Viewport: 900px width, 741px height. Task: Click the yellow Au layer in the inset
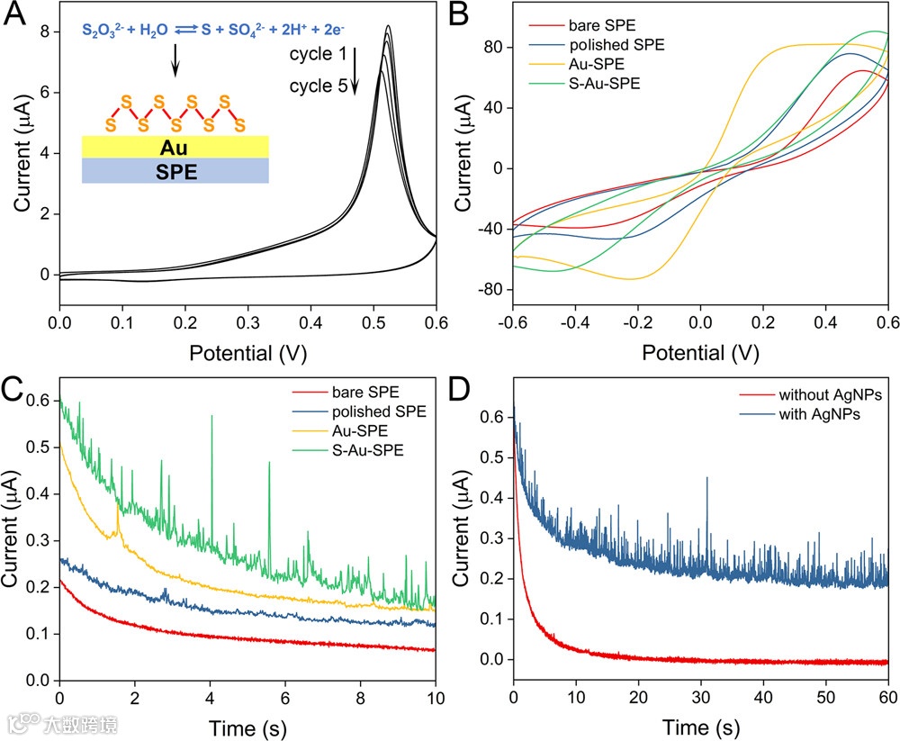[x=175, y=146]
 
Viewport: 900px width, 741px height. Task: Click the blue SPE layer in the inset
[x=175, y=171]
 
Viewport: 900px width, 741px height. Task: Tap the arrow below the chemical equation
[x=175, y=60]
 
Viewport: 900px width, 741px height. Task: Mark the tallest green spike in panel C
[x=211, y=416]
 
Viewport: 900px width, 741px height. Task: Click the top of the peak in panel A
[x=387, y=26]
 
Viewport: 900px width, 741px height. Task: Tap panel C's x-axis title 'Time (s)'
[x=247, y=726]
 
